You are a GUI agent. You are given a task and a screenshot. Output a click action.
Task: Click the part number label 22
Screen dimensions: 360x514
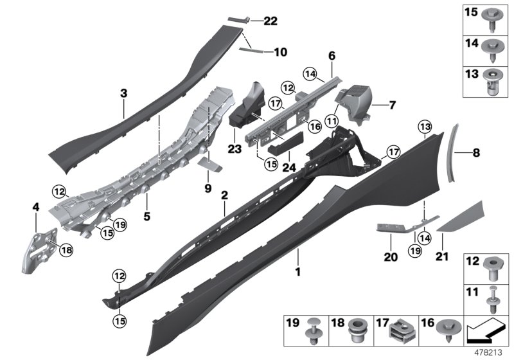(x=270, y=21)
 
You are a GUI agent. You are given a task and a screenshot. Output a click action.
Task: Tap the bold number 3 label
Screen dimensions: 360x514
(x=124, y=94)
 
